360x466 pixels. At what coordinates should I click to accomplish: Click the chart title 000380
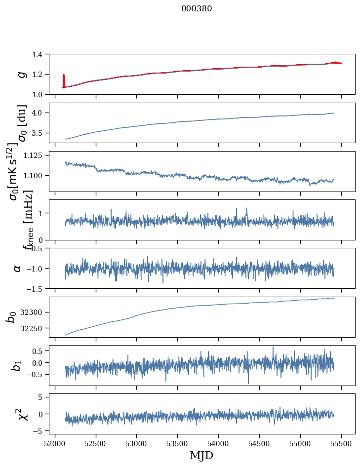197,9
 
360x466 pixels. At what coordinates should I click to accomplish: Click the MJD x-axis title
201,455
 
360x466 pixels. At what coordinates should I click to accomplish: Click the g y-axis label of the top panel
21,74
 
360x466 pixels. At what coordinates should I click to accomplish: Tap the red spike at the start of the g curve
64,80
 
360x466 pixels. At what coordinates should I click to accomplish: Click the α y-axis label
18,268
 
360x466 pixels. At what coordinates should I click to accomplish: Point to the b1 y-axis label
18,365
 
